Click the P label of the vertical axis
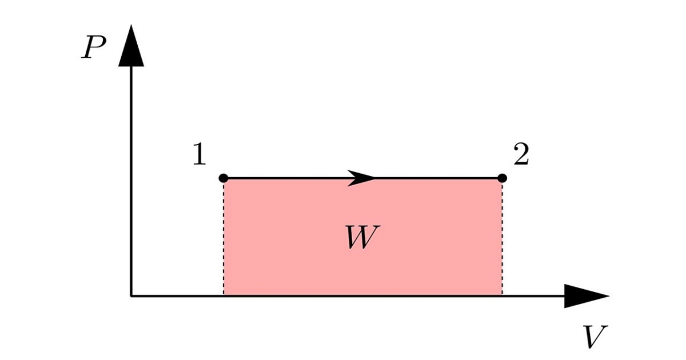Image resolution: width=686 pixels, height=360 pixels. point(93,47)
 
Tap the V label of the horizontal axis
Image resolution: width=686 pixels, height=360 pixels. point(595,336)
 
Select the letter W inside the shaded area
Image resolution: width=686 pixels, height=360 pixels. point(362,237)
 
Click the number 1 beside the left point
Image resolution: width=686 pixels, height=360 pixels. point(200,154)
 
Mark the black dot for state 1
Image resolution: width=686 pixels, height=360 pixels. point(224,178)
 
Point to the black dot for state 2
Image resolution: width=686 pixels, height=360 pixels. point(502,178)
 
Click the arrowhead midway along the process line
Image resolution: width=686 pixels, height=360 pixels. point(361,178)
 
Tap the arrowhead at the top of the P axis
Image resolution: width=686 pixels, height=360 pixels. point(131,45)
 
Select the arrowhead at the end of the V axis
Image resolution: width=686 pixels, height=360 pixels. point(587,296)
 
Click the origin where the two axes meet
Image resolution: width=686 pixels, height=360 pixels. point(131,296)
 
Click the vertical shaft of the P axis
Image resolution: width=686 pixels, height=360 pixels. point(131,181)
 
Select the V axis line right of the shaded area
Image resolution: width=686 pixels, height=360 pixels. point(533,296)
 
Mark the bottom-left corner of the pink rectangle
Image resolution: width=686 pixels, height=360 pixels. point(224,295)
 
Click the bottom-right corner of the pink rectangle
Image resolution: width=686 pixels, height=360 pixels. point(502,295)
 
